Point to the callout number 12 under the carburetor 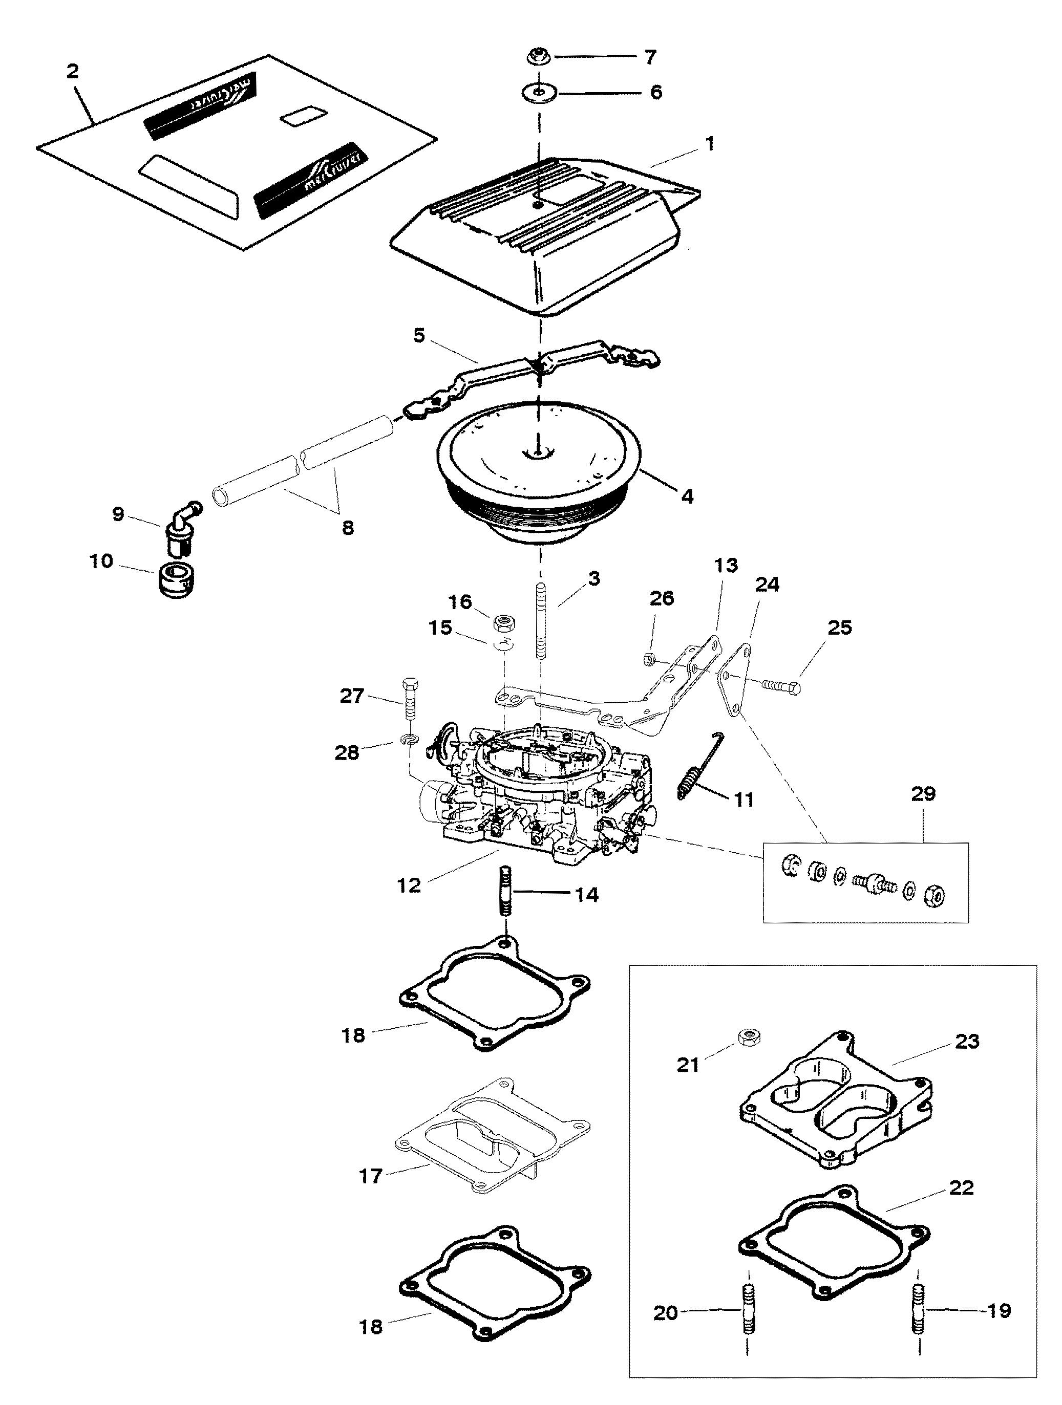(409, 885)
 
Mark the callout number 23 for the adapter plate (967, 1042)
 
